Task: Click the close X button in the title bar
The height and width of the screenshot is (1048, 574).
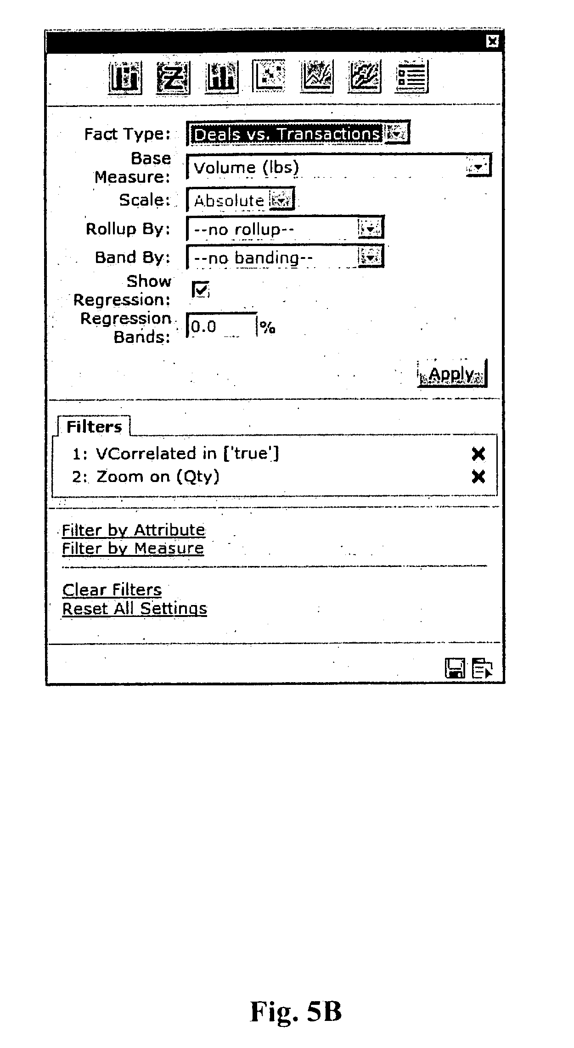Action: click(492, 41)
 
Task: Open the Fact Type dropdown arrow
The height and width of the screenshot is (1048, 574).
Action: click(397, 134)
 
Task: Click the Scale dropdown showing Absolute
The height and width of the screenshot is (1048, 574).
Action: click(240, 200)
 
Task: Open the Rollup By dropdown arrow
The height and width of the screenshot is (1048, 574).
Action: click(370, 228)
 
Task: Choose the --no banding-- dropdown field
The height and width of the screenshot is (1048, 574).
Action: click(285, 257)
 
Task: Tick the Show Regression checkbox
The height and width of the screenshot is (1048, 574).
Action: click(200, 290)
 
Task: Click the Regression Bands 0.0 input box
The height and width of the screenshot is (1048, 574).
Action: click(221, 326)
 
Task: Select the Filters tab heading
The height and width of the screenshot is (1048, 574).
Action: click(94, 426)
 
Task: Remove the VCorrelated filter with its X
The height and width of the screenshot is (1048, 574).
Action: click(478, 454)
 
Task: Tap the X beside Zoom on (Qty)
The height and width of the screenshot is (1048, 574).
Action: click(478, 477)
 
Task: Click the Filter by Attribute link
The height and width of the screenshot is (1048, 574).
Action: click(134, 530)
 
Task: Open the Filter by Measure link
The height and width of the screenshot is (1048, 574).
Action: click(133, 549)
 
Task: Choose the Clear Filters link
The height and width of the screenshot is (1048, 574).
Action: click(112, 590)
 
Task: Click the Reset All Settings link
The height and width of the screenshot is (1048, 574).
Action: click(135, 609)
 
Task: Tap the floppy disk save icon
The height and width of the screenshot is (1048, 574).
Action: click(455, 668)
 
